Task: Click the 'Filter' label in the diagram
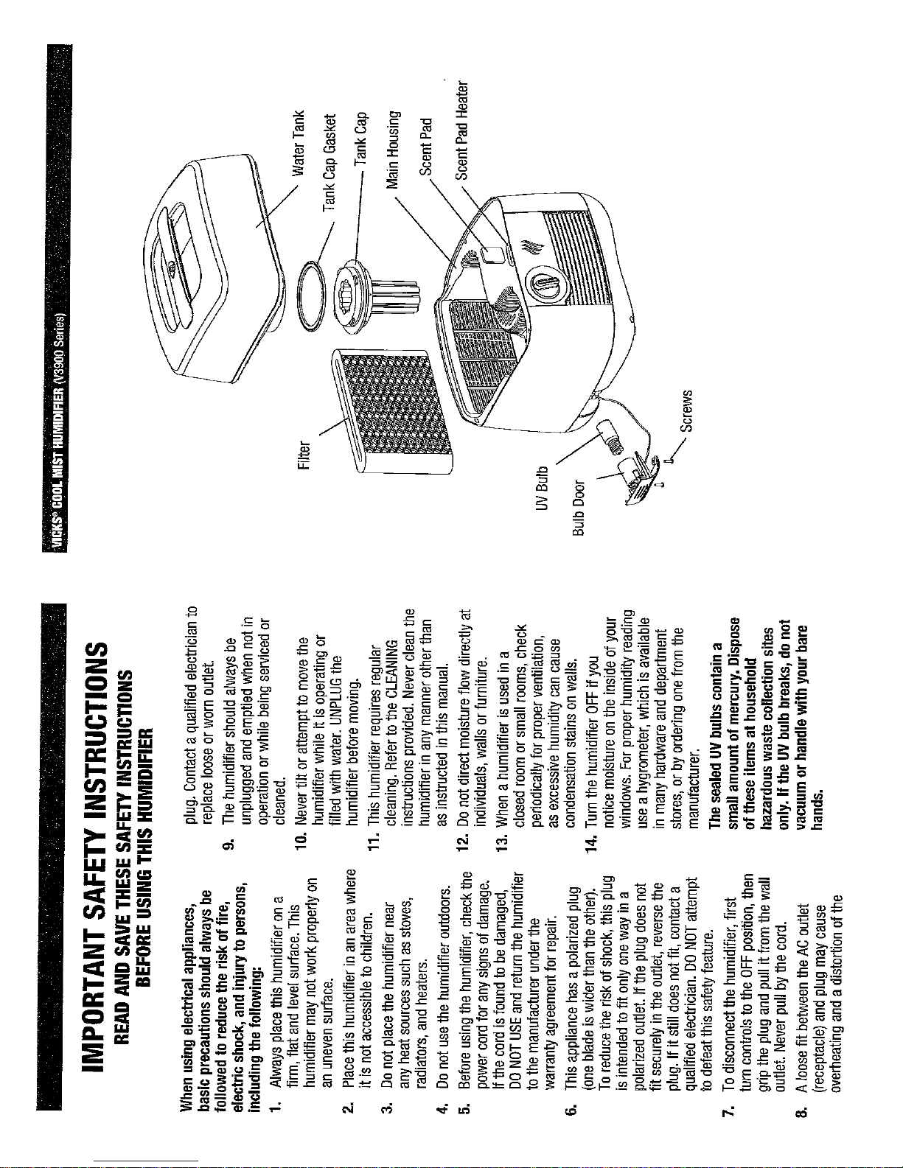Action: pos(304,455)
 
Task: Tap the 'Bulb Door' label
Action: pos(578,508)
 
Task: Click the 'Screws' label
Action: pos(686,411)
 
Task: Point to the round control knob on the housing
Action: pos(544,285)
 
